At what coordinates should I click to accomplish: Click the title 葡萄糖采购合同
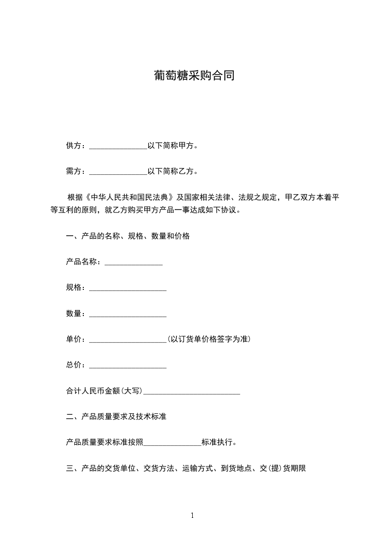pos(194,76)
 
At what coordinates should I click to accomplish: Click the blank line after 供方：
pos(118,146)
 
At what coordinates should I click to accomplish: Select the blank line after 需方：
pos(118,172)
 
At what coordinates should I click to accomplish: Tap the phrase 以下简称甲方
pos(170,145)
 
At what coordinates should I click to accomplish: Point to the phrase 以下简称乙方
pos(170,171)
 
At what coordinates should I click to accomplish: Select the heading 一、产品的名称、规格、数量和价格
pos(128,236)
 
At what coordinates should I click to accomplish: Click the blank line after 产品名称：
pos(133,263)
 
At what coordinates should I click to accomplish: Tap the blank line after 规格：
pos(128,288)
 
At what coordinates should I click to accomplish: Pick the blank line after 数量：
pos(128,315)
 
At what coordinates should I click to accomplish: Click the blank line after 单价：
pos(128,340)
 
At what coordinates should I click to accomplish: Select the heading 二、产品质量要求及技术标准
pos(116,416)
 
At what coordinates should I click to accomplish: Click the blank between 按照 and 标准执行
pos(172,443)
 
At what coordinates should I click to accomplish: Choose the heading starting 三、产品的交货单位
pos(185,468)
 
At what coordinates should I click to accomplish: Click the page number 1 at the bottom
pos(192,515)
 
